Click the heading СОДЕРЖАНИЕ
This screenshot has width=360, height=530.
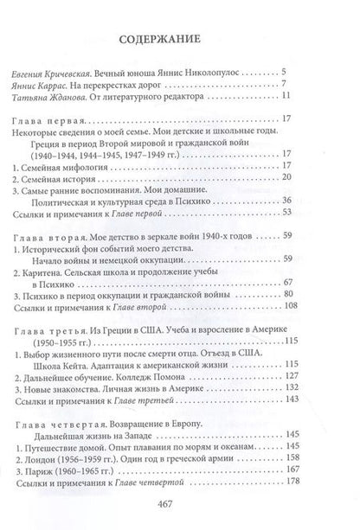point(180,38)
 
